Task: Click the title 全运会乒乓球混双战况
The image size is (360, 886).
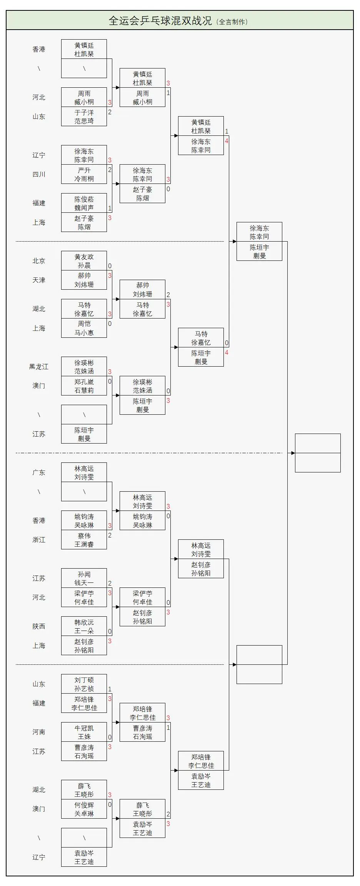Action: [160, 21]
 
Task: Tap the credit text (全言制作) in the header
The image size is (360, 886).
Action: [232, 22]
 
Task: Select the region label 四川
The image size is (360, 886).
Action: [39, 174]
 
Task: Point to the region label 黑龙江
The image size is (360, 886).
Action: [39, 367]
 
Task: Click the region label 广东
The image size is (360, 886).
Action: [39, 472]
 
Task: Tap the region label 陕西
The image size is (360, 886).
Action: [39, 626]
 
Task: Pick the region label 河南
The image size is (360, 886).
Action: [39, 732]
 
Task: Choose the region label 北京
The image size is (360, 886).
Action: [39, 261]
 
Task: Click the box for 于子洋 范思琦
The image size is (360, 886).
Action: [84, 117]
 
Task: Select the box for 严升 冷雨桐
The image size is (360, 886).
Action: [84, 174]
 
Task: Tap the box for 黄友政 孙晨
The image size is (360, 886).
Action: [84, 261]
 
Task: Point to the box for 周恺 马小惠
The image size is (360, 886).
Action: [84, 328]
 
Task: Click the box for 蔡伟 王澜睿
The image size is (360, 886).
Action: [84, 540]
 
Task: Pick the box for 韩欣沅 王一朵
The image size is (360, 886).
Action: [84, 626]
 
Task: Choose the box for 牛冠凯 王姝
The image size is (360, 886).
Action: [84, 732]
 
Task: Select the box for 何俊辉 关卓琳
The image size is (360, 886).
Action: [84, 809]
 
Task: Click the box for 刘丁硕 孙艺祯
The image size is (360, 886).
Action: [84, 684]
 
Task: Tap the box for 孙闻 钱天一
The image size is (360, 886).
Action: [84, 578]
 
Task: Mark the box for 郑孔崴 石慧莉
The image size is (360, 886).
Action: [84, 386]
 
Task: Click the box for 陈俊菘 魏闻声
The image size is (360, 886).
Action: [84, 203]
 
